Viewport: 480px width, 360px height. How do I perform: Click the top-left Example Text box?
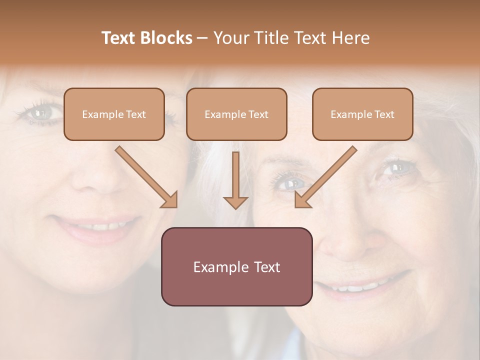114,114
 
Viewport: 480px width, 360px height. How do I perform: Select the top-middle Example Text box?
236,114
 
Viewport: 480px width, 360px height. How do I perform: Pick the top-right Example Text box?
362,114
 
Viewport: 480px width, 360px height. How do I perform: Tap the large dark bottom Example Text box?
236,266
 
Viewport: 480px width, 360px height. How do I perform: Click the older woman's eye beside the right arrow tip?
288,183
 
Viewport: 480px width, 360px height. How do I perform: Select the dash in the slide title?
202,38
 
